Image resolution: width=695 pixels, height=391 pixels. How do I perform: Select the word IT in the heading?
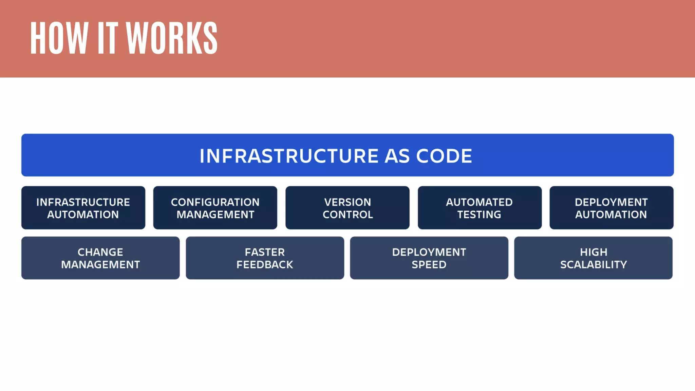(108, 38)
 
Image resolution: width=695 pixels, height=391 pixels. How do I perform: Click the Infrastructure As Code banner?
(347, 155)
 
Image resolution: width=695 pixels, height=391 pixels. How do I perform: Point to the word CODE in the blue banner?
(444, 156)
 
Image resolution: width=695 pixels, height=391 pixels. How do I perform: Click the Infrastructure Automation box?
(83, 208)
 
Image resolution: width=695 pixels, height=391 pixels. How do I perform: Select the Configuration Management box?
(215, 208)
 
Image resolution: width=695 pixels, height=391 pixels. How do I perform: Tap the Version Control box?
(347, 208)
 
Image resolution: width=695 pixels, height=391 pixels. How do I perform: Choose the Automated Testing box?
(480, 208)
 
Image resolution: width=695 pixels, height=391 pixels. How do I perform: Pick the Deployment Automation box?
(612, 208)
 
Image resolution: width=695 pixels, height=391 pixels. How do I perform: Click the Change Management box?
(100, 258)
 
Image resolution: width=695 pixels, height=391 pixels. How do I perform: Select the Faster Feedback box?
(265, 258)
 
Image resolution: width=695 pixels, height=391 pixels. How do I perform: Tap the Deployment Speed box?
(429, 258)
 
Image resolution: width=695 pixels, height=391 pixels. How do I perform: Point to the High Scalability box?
(593, 258)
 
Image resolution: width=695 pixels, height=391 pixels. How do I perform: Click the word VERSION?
(347, 202)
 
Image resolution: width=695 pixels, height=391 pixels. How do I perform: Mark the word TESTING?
(479, 215)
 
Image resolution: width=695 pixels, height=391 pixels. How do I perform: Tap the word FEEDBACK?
(265, 265)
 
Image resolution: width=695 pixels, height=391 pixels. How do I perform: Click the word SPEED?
(429, 265)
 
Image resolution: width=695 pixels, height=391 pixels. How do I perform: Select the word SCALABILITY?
(594, 265)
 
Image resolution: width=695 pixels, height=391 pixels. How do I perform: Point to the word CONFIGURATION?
(215, 202)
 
